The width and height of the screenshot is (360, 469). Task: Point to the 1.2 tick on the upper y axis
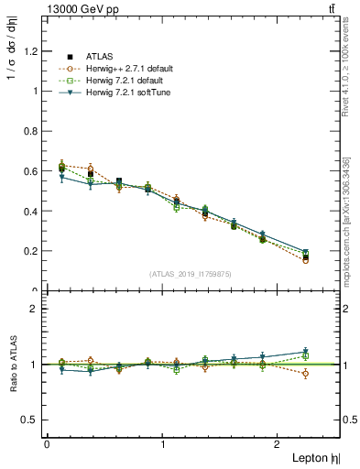(x=33, y=51)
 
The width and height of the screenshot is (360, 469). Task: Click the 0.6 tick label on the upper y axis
(x=33, y=171)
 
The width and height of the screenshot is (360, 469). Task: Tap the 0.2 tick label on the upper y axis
(x=33, y=251)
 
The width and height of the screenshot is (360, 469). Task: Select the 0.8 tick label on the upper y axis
(x=33, y=131)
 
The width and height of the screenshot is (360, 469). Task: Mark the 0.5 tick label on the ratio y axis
(x=33, y=420)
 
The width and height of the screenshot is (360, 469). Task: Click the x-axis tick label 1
(x=163, y=444)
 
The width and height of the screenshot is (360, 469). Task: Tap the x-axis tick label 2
(x=278, y=444)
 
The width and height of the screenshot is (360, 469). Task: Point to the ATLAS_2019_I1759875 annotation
(x=191, y=273)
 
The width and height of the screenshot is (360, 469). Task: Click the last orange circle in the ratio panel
(x=306, y=374)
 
